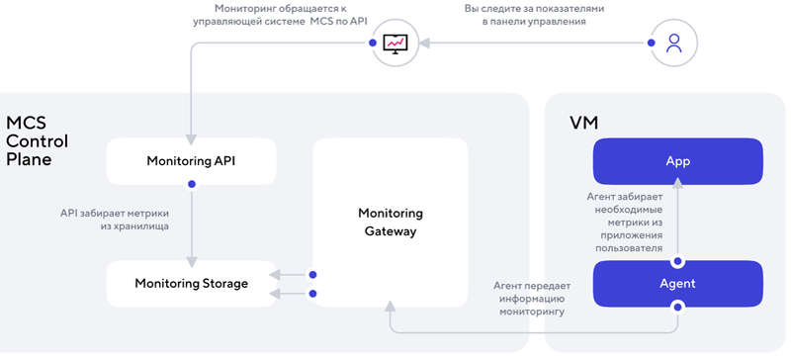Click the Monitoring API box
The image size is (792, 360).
pyautogui.click(x=191, y=160)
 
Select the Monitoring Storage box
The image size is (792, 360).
pyautogui.click(x=191, y=284)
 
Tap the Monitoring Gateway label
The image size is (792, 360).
pyautogui.click(x=390, y=223)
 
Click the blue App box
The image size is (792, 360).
pyautogui.click(x=677, y=160)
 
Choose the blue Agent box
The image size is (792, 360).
pyautogui.click(x=677, y=284)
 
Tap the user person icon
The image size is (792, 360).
pyautogui.click(x=674, y=43)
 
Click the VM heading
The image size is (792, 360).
pyautogui.click(x=583, y=123)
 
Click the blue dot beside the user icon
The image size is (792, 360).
pyautogui.click(x=651, y=43)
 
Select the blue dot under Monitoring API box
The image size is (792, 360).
pyautogui.click(x=191, y=184)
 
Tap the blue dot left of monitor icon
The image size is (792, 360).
pyautogui.click(x=372, y=43)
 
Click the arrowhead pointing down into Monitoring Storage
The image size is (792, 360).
pyautogui.click(x=191, y=255)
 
